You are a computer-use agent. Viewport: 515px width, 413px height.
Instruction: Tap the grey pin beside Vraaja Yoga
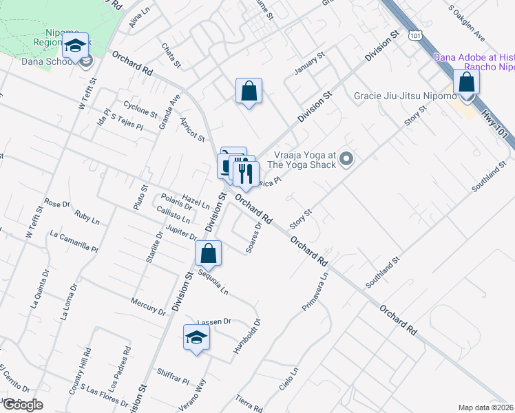pos(347,160)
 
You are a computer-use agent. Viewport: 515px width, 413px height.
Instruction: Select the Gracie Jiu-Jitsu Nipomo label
pos(405,95)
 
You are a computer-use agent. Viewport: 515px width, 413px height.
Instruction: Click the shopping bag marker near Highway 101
pos(467,83)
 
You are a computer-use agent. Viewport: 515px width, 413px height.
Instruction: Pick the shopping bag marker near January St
pos(249,92)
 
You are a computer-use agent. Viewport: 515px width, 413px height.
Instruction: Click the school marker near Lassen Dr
pos(196,338)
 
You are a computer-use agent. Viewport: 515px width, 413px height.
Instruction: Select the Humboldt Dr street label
pos(246,337)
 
